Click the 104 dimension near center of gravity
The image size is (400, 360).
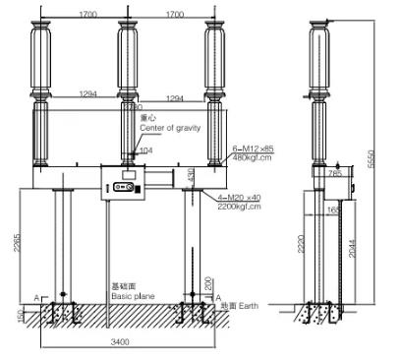(x=145, y=151)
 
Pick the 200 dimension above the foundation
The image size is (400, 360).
(x=207, y=284)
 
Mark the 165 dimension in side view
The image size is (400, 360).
(x=335, y=210)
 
